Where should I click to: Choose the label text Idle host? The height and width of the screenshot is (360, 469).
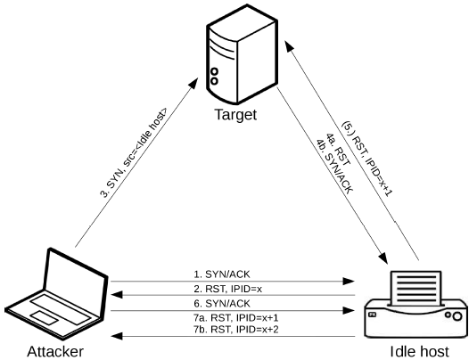click(x=418, y=350)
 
